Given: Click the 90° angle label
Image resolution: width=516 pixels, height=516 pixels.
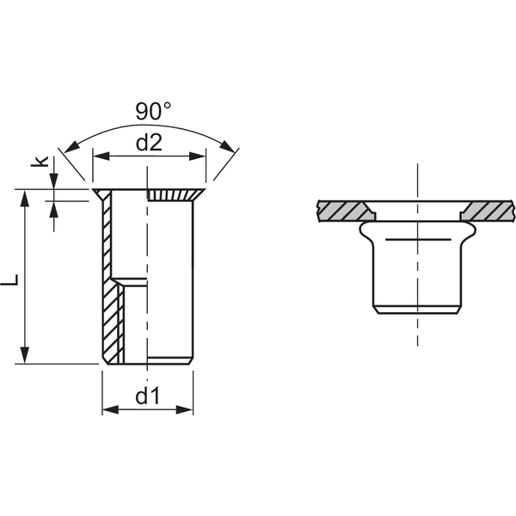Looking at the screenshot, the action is point(153,111).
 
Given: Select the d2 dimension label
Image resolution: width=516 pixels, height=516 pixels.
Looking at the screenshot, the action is point(149,143).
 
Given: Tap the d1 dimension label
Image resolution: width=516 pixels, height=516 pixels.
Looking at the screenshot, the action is point(148,396).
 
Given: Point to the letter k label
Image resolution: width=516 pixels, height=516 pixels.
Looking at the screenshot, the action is point(40,162).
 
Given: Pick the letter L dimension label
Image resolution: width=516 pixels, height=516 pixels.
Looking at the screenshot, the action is point(9,279).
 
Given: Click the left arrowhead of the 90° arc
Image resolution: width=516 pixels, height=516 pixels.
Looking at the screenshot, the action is point(71,147).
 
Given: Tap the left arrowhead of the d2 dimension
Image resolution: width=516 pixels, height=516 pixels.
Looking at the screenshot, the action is point(101,156).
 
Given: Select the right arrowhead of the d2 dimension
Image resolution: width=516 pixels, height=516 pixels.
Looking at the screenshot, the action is point(197,156).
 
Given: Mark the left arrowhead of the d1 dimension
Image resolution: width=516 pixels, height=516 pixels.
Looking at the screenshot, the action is point(110,409).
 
